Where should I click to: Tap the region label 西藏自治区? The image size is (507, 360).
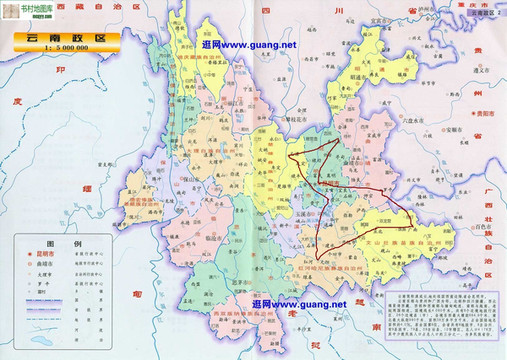[x=110, y=8]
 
